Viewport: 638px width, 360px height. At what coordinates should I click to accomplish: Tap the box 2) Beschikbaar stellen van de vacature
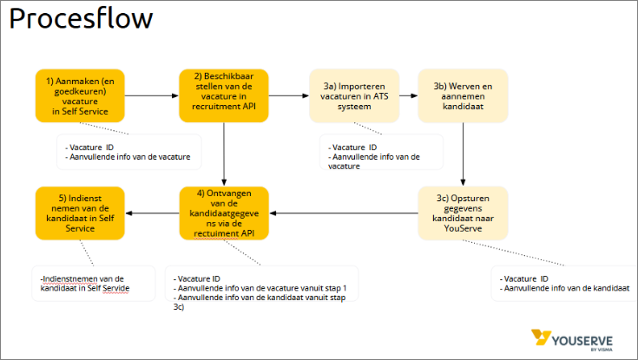[224, 95]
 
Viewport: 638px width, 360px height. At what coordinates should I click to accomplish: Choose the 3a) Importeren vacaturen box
[354, 95]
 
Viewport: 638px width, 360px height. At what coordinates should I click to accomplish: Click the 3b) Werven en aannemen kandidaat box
[462, 95]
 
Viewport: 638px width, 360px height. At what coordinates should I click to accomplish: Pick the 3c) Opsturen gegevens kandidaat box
[462, 213]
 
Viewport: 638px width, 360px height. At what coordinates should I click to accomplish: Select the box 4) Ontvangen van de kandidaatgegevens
[224, 213]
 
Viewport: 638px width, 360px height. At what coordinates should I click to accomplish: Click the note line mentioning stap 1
[260, 287]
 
